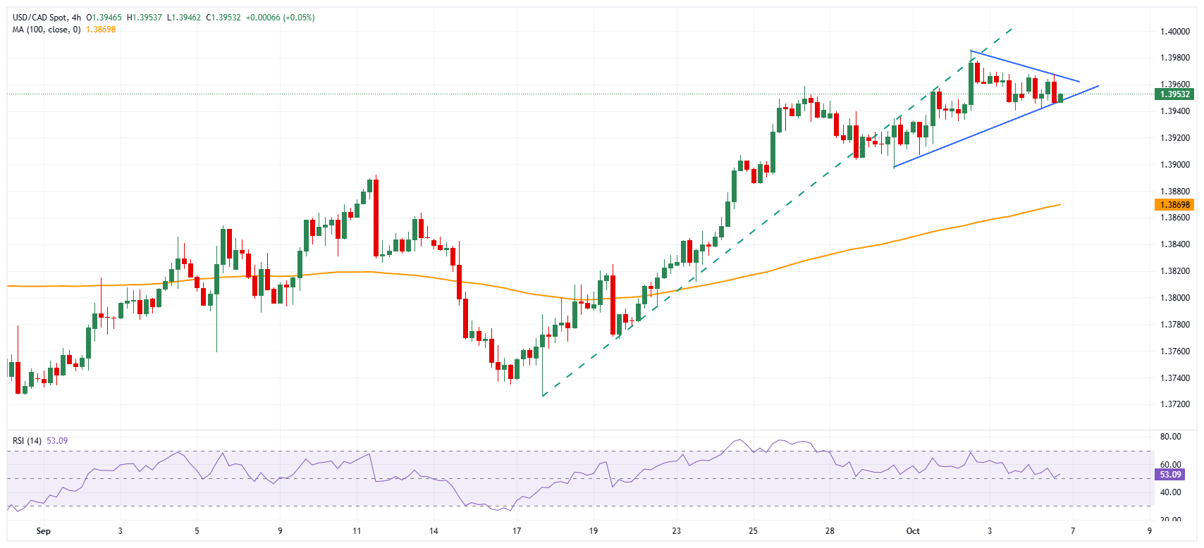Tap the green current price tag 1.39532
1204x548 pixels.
point(1174,94)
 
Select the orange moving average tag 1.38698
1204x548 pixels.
point(1174,205)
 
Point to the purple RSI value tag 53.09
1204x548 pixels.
point(1170,475)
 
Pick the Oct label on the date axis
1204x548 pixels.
point(913,531)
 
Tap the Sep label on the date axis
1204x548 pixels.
point(43,531)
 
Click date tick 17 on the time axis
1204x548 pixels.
point(517,531)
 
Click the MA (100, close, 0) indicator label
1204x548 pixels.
point(47,30)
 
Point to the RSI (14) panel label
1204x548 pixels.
point(27,441)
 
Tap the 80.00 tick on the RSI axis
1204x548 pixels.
point(1170,437)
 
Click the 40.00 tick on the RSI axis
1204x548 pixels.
point(1170,492)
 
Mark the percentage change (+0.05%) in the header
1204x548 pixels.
point(299,18)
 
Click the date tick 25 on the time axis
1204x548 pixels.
point(753,531)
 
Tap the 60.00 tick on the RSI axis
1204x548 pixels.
point(1170,465)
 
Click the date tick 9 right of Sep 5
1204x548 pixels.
point(280,531)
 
